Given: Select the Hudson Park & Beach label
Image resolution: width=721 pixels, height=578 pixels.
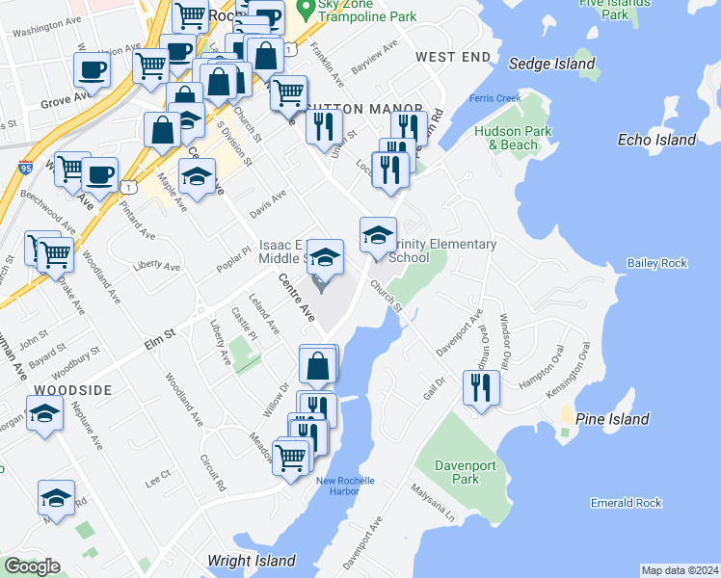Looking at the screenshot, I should pyautogui.click(x=506, y=138).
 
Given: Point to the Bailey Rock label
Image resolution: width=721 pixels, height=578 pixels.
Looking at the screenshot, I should pyautogui.click(x=656, y=263).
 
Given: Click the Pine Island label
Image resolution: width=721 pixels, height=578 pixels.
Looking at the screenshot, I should pyautogui.click(x=611, y=419).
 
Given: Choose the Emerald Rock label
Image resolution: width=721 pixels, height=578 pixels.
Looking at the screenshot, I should pyautogui.click(x=626, y=503).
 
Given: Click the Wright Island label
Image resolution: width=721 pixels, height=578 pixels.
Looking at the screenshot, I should pyautogui.click(x=251, y=560).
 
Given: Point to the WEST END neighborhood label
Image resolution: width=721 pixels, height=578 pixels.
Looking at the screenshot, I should pyautogui.click(x=453, y=58).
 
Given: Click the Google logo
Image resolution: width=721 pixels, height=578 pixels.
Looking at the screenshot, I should pyautogui.click(x=31, y=565).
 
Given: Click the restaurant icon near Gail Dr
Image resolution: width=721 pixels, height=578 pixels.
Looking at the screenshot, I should pyautogui.click(x=480, y=387).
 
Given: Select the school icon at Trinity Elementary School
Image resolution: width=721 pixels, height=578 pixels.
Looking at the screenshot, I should pyautogui.click(x=379, y=234).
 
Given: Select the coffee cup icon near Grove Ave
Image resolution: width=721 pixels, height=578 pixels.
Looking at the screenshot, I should pyautogui.click(x=92, y=68).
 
